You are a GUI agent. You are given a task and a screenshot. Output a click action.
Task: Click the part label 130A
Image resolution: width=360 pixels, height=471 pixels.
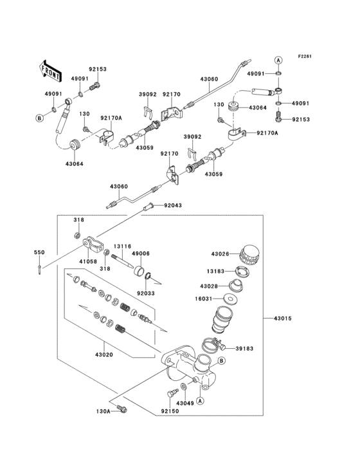104,411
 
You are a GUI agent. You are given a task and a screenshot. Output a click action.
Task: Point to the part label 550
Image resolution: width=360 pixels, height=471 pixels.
39,253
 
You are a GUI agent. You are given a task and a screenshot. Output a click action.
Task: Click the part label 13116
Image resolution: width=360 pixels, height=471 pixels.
123,245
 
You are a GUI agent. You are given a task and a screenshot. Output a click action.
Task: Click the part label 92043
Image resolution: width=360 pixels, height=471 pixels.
172,206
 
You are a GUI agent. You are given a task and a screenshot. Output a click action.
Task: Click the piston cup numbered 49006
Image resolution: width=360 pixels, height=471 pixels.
139,268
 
